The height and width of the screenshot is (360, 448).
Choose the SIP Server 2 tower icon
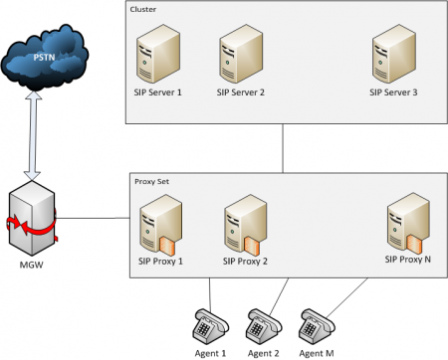(241, 56)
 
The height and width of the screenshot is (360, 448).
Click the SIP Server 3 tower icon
(393, 56)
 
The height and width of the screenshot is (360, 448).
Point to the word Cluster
(143, 9)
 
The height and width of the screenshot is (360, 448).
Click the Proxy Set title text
(150, 180)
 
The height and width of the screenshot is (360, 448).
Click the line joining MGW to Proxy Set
(93, 218)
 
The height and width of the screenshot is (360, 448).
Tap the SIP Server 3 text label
(394, 92)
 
